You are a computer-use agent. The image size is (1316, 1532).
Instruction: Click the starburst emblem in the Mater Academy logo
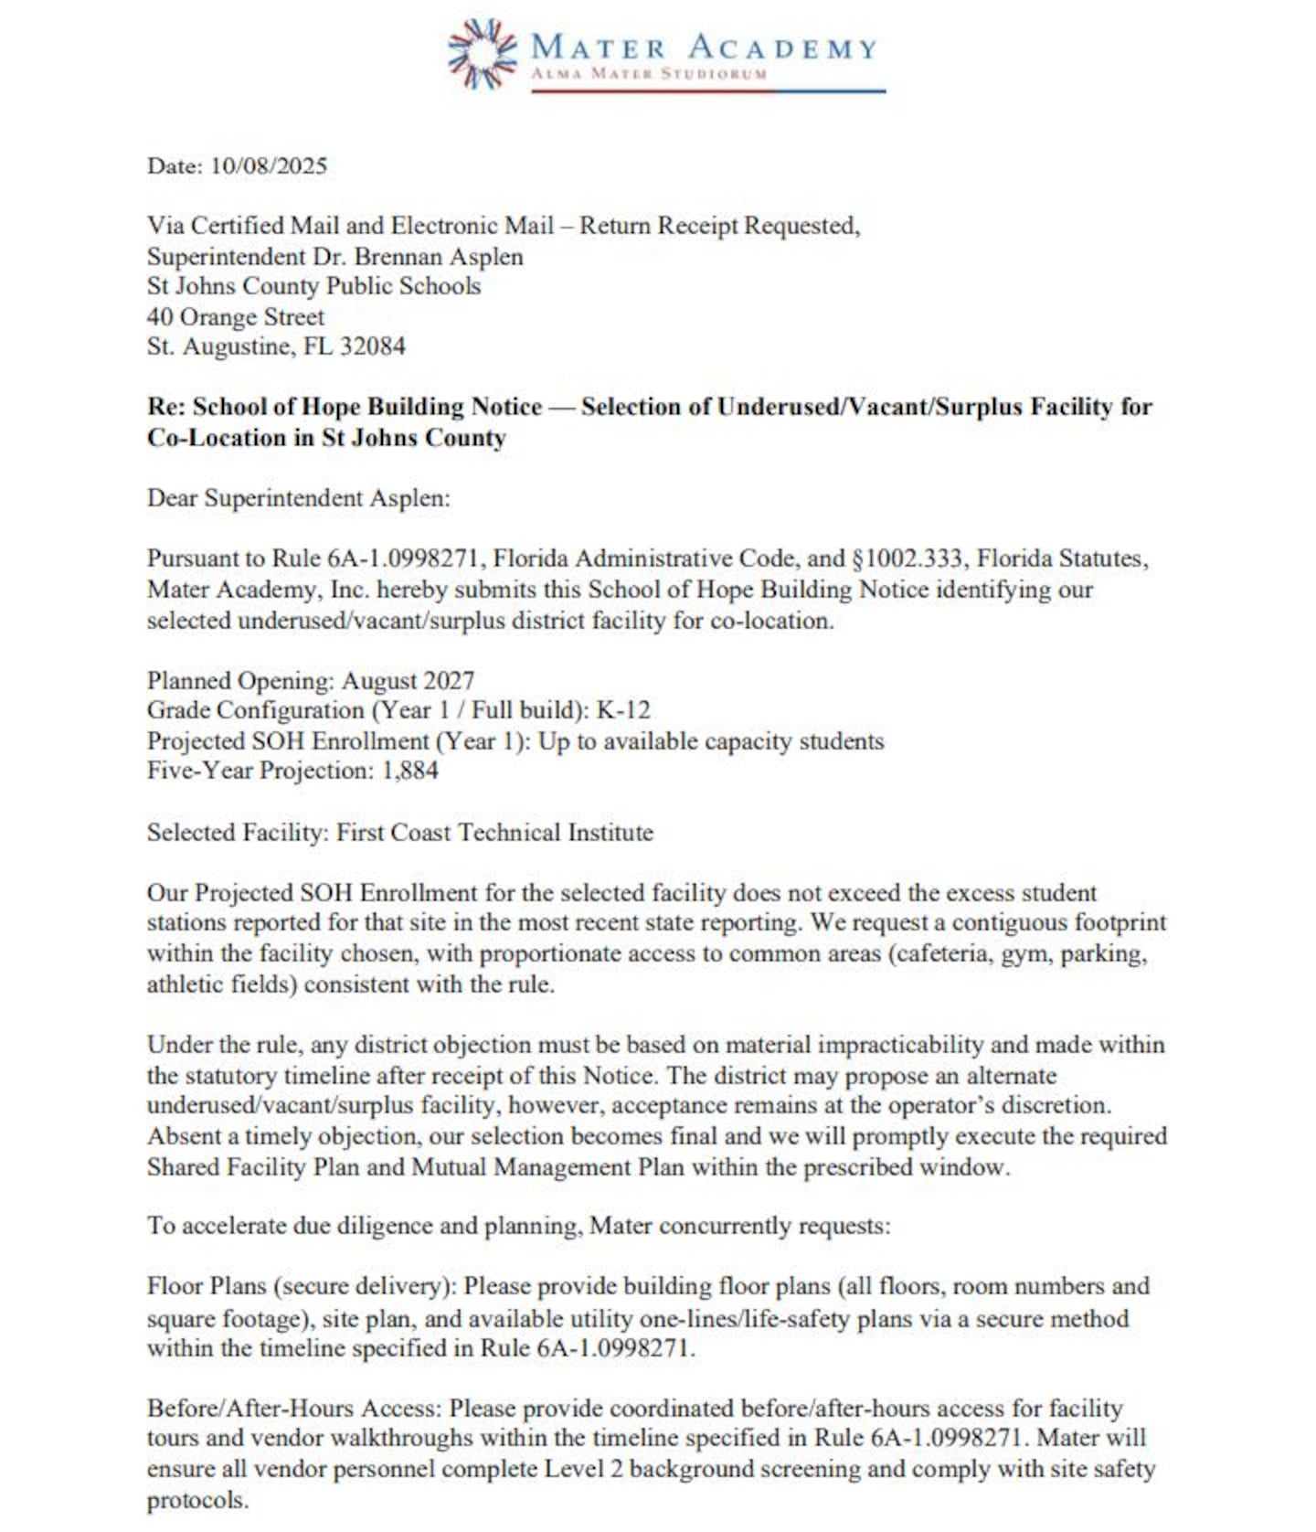482,54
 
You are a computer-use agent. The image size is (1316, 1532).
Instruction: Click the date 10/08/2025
268,165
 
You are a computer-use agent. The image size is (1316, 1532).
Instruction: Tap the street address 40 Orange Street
236,316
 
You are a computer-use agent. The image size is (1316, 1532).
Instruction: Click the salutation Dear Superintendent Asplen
298,498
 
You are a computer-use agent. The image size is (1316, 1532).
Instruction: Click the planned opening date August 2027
408,681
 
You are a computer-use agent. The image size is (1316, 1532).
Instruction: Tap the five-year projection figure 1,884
409,771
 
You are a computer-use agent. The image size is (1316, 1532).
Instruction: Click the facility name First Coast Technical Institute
494,833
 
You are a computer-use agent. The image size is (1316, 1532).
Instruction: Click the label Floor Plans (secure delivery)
301,1286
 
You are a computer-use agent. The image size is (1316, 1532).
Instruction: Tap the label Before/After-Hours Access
293,1408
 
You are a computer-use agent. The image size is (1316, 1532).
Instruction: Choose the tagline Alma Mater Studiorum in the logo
649,74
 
